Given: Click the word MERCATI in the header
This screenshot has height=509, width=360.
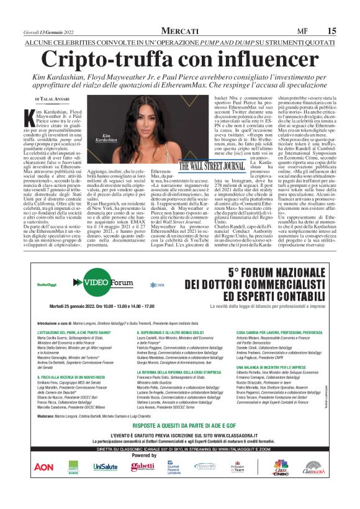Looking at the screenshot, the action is (x=179, y=30).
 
